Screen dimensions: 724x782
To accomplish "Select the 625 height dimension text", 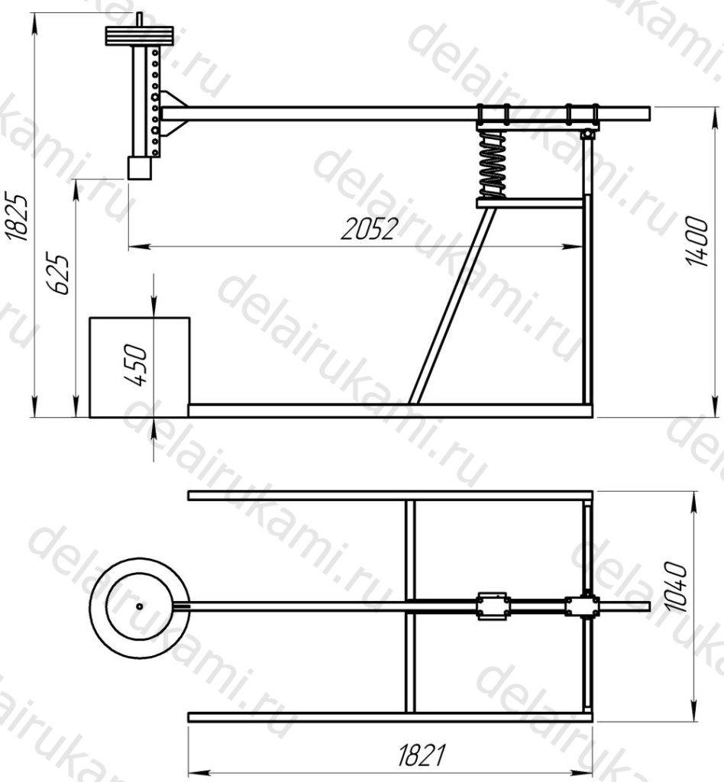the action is click(x=58, y=275).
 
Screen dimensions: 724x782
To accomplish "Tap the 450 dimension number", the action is click(x=136, y=365).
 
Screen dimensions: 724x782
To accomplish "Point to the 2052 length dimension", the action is click(x=370, y=229).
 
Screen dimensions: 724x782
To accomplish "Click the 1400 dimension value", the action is click(x=697, y=241).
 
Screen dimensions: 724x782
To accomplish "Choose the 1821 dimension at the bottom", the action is click(x=422, y=755).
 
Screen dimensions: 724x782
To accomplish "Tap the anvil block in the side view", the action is click(x=139, y=367).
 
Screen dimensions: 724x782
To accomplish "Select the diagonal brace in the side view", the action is click(x=452, y=305).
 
